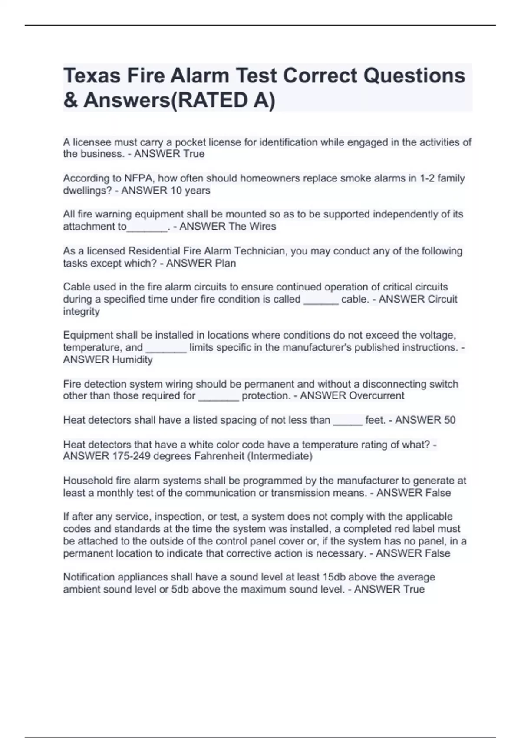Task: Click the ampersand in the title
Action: [69, 101]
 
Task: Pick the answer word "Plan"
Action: [225, 263]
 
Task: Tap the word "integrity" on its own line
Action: [81, 312]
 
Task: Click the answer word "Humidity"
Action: [132, 360]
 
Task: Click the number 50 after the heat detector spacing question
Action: [449, 420]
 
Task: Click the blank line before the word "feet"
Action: [348, 421]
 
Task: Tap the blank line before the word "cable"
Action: [321, 300]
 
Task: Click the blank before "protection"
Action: [218, 397]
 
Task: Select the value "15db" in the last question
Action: [334, 577]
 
